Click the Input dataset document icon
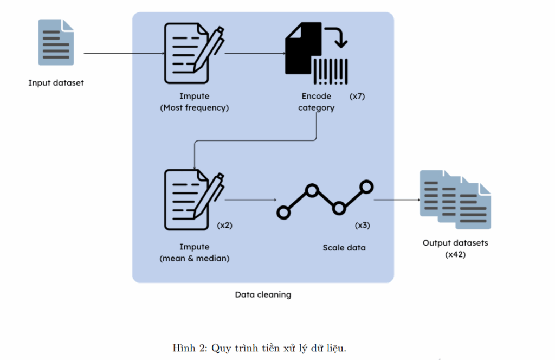[x=56, y=42]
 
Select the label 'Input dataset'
[x=56, y=83]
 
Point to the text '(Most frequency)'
[x=195, y=107]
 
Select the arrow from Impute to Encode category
[x=255, y=54]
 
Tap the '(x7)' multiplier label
[x=358, y=96]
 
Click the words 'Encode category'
[x=317, y=102]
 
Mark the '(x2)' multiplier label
[x=224, y=225]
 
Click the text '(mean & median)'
[x=195, y=258]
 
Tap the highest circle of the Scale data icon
[x=367, y=187]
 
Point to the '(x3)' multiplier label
[x=363, y=225]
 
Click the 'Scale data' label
[x=344, y=247]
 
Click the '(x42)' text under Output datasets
[x=455, y=254]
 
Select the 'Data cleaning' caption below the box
[x=263, y=294]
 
